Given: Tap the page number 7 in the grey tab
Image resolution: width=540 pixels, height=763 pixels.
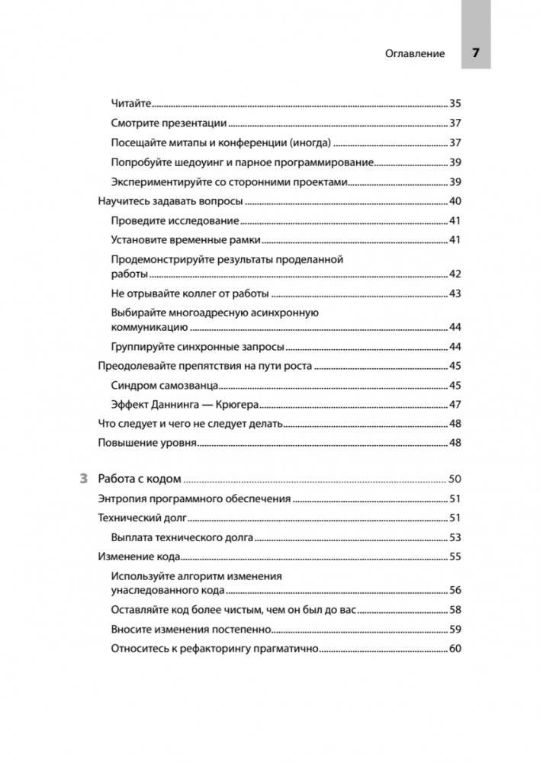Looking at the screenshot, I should [x=475, y=53].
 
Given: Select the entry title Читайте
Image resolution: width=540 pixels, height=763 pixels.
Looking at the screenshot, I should [x=131, y=103].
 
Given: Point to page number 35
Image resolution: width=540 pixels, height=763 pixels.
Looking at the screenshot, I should [x=455, y=103].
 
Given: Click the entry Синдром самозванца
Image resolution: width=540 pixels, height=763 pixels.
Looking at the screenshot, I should [x=166, y=385].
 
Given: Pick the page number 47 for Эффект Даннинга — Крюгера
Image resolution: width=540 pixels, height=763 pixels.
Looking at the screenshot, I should [x=455, y=404].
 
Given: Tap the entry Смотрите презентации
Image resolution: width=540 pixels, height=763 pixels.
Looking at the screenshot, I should [x=169, y=123].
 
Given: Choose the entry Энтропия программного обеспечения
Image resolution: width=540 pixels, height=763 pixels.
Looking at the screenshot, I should [x=194, y=499].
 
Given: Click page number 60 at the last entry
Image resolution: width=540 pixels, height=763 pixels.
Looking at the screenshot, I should [x=455, y=649].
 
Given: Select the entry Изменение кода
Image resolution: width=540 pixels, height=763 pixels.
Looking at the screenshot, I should [x=137, y=556].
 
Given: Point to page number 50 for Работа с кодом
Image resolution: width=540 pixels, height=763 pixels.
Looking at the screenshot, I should [x=455, y=479].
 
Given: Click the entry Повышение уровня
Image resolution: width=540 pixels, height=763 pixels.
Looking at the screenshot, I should [x=137, y=443].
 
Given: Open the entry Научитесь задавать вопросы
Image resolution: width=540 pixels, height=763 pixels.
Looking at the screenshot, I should [x=171, y=201].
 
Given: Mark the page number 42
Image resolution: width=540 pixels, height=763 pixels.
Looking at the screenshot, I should [x=455, y=274].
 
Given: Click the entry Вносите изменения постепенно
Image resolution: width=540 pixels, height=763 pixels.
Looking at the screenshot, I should [x=191, y=630].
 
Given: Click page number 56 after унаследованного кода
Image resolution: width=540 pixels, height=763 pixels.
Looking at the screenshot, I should [x=455, y=590].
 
